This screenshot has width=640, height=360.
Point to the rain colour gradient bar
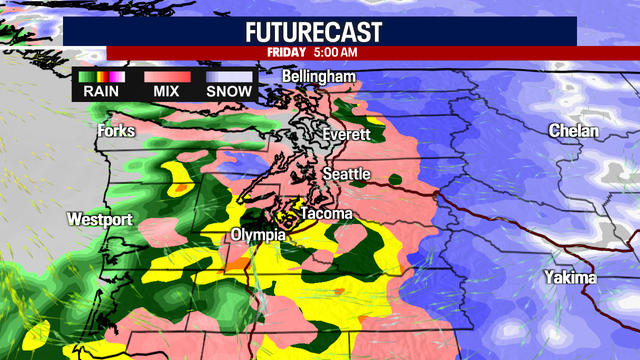tap(100, 76)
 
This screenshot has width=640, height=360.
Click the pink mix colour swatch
tap(166, 76)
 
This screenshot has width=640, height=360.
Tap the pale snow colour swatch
tap(229, 76)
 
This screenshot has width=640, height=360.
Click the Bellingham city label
tap(318, 77)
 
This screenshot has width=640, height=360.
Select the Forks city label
tap(116, 131)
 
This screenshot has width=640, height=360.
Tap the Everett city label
tap(347, 134)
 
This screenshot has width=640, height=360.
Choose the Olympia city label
tap(259, 234)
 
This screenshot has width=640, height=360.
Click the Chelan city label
tap(573, 131)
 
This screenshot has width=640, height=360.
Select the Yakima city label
tap(569, 276)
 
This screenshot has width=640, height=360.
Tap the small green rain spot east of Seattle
tap(396, 182)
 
